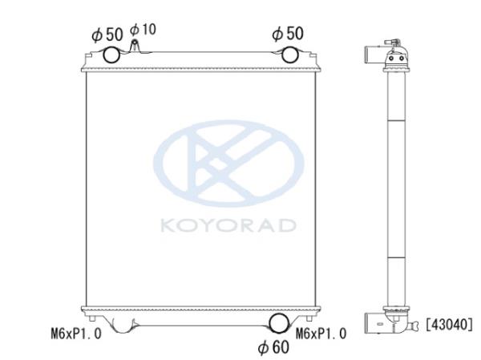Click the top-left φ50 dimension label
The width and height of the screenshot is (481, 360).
(x=107, y=34)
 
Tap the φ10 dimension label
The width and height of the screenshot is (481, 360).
(x=143, y=30)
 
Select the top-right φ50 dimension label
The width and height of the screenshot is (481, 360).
(x=288, y=34)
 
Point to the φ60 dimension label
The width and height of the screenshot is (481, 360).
(x=273, y=347)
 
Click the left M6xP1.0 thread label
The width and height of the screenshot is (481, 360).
(x=76, y=334)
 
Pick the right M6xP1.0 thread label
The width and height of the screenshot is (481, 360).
(x=321, y=334)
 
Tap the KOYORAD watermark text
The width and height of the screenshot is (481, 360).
(x=228, y=225)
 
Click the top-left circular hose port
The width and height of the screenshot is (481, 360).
(x=111, y=55)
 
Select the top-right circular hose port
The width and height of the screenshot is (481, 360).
(x=290, y=55)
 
